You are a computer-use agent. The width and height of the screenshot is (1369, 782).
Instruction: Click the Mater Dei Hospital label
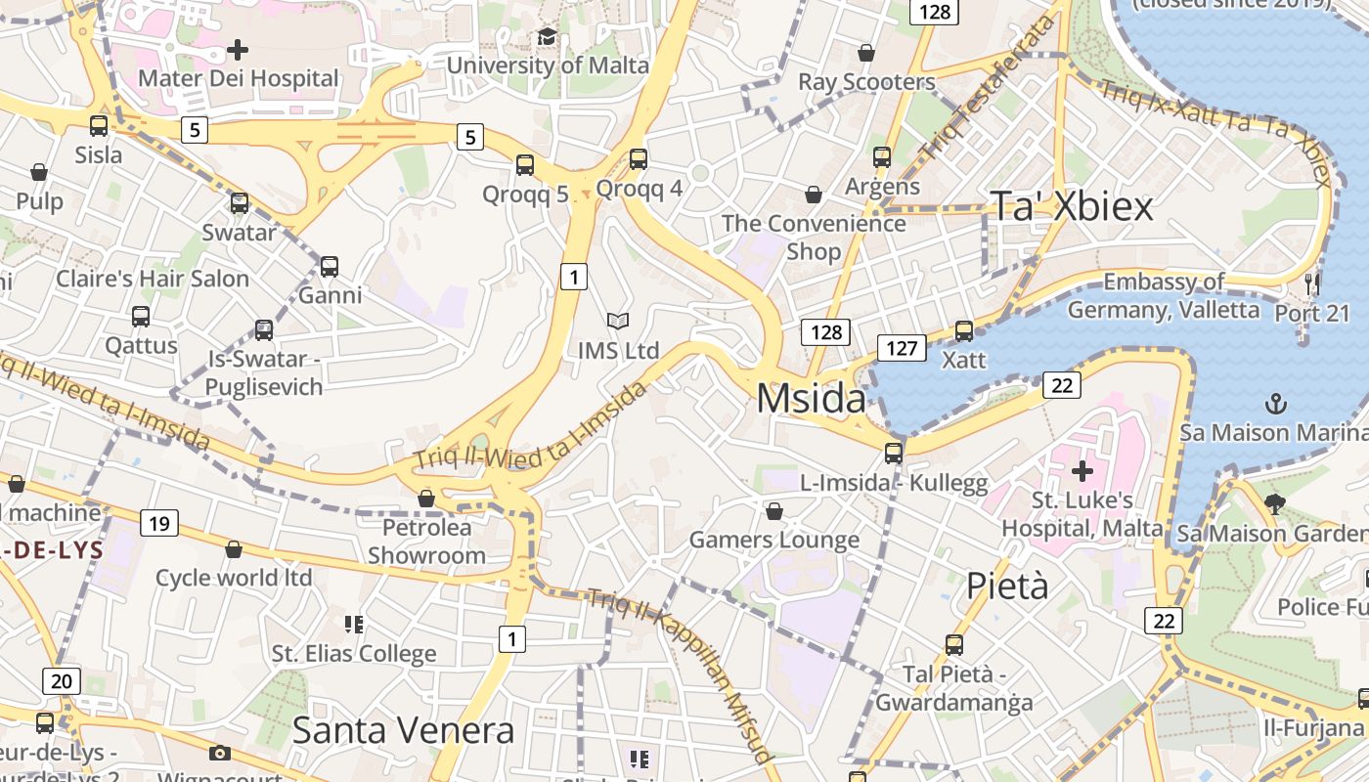[239, 78]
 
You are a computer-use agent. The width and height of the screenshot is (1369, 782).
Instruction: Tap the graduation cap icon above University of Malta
[547, 37]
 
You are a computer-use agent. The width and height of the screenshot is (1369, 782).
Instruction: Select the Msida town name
[811, 399]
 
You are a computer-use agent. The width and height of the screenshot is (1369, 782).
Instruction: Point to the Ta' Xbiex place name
[1072, 206]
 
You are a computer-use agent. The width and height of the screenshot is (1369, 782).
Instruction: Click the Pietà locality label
[1007, 586]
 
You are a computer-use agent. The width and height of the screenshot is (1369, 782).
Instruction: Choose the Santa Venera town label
[403, 730]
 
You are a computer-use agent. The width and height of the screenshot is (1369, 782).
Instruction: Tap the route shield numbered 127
[901, 348]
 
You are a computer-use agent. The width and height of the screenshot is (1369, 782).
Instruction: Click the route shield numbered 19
[159, 524]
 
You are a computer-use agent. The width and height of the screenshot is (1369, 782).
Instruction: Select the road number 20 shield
[61, 681]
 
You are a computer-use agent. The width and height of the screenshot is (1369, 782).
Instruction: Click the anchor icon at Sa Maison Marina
[1275, 404]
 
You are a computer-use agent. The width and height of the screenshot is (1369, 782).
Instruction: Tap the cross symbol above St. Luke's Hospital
[1082, 472]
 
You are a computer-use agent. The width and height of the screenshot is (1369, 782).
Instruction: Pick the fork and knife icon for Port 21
[1312, 284]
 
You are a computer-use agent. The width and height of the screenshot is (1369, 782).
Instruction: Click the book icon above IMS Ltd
[617, 321]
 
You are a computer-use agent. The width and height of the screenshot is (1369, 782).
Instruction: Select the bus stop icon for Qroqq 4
[639, 158]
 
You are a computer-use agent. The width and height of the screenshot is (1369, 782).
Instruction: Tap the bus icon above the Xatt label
[964, 331]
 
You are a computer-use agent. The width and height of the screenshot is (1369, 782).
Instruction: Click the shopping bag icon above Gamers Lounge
[774, 511]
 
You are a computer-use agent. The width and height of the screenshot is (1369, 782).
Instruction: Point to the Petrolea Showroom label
[426, 542]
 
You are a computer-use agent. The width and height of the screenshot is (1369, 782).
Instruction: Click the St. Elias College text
[354, 653]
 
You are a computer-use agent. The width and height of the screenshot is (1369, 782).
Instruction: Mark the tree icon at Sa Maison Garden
[1273, 504]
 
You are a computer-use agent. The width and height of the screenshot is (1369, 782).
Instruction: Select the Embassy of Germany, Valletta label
[1164, 296]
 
